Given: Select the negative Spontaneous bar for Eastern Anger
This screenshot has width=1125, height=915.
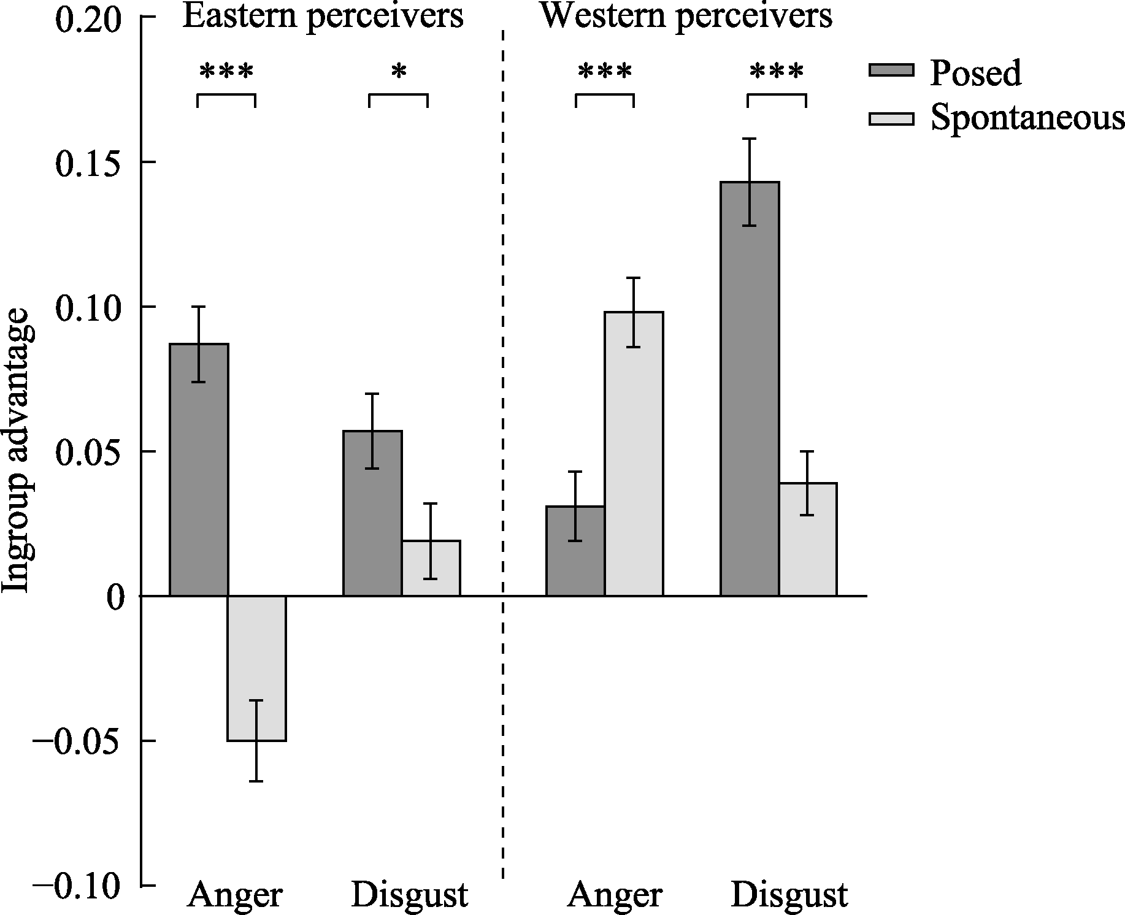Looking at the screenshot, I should [256, 668].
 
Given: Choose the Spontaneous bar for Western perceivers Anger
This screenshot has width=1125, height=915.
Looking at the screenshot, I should [634, 454].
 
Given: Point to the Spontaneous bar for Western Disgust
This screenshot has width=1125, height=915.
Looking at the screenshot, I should [808, 540].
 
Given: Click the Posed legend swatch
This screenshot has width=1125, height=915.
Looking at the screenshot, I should [891, 70].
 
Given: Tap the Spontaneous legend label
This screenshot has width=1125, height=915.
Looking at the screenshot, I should [1027, 117].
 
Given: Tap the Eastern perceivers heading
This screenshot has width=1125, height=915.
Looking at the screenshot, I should [323, 16].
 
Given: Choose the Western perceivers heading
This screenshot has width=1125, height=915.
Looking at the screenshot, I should [686, 16].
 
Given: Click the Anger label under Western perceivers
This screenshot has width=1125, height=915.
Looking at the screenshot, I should [615, 895].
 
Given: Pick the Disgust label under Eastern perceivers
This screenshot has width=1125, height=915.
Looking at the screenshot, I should [409, 895].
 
